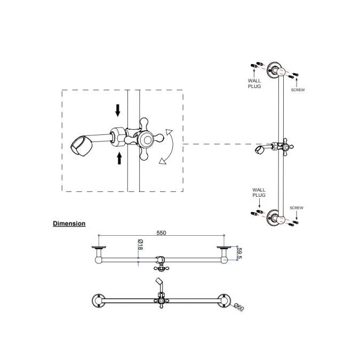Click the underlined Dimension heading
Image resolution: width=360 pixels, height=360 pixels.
point(69,223)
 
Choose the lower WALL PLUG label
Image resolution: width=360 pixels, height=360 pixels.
point(259,193)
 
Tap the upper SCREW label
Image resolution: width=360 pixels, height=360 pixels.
point(298,90)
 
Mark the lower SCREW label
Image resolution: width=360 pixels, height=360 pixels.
point(297,207)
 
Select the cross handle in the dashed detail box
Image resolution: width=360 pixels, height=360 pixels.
point(146,140)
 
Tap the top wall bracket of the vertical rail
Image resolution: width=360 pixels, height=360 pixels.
point(275,68)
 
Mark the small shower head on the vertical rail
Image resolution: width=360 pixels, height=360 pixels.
point(260,151)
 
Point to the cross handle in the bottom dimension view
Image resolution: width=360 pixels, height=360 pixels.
point(159,301)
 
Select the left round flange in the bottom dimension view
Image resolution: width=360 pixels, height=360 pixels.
point(99,300)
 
